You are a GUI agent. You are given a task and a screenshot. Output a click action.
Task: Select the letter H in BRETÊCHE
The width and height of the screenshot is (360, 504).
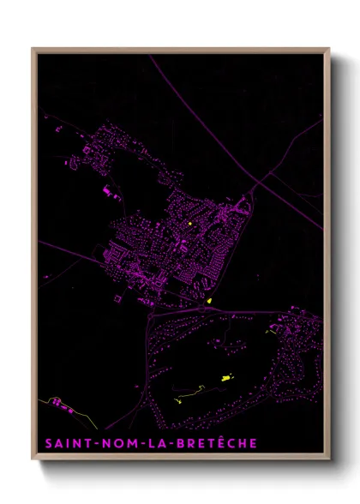tap(241, 443)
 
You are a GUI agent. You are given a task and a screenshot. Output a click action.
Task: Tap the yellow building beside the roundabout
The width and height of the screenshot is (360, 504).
tap(210, 302)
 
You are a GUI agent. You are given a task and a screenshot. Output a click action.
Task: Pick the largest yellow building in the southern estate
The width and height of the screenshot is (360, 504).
tap(227, 376)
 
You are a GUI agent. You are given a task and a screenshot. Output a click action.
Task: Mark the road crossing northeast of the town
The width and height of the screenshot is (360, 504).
tap(255, 183)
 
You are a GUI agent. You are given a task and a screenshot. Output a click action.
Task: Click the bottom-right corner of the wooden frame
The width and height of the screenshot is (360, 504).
tap(329, 459)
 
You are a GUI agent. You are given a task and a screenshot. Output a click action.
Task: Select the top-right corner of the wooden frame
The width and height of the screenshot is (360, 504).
tap(329, 49)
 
